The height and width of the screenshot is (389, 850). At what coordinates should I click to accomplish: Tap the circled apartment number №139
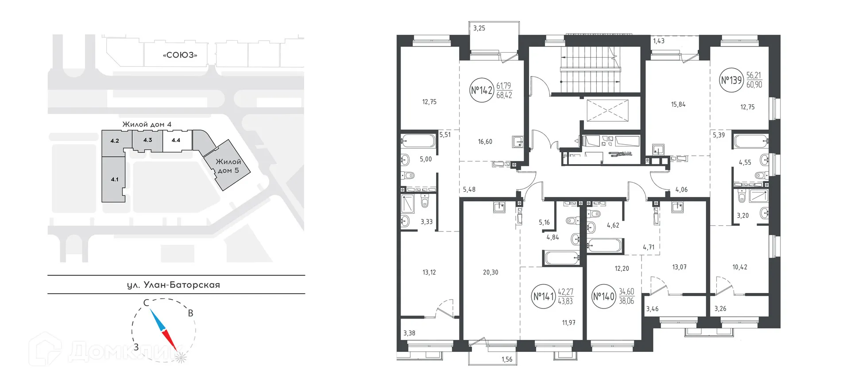[x=731, y=81]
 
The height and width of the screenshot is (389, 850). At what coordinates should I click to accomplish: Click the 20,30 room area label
[x=491, y=272]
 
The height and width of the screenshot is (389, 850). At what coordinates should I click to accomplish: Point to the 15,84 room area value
[x=678, y=105]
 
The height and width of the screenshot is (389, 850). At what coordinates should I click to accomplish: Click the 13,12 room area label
[x=429, y=272]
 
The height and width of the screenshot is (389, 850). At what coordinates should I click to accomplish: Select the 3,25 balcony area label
[x=479, y=28]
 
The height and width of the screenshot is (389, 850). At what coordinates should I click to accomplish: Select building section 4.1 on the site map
[x=114, y=179]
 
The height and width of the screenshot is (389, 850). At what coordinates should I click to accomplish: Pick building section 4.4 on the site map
[x=176, y=140]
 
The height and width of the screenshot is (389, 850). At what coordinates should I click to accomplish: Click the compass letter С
[x=145, y=303]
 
